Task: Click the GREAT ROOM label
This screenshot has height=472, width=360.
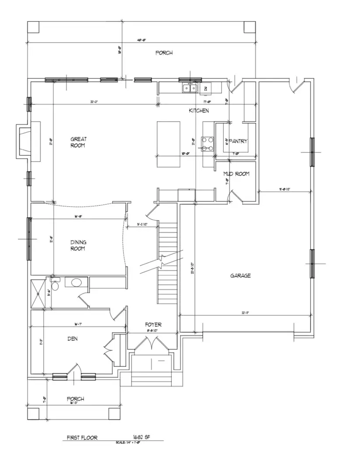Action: tap(79, 142)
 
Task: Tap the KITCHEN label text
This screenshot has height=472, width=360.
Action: tap(199, 111)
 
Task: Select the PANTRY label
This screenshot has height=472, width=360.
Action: tap(238, 141)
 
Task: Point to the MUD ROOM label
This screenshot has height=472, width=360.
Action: tap(236, 174)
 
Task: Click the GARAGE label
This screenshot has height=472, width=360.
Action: tap(240, 276)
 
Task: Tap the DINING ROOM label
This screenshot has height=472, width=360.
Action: tap(78, 245)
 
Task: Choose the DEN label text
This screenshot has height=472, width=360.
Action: tap(73, 338)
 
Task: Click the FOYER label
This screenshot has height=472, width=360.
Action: tap(153, 325)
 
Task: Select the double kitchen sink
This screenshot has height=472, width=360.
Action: tap(190, 88)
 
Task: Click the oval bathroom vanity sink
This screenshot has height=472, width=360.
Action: tap(76, 282)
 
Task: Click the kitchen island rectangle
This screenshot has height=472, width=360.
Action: tap(169, 144)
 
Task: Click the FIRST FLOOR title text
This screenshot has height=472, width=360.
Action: tap(82, 437)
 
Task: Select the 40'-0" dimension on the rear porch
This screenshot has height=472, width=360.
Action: tap(140, 40)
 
